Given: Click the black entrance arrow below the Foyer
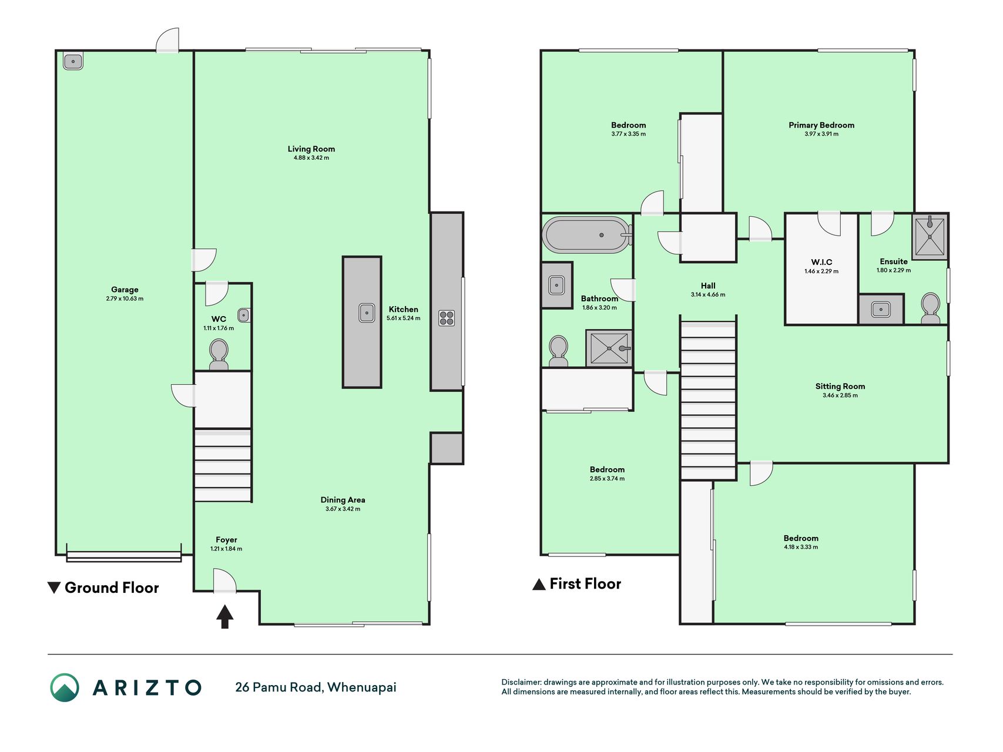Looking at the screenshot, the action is (x=224, y=617).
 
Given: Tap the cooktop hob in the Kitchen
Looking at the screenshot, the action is (x=447, y=318).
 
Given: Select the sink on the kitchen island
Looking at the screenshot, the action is (x=367, y=313).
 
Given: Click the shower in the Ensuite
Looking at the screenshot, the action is (x=930, y=236).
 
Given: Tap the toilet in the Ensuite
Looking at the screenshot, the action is (x=930, y=309).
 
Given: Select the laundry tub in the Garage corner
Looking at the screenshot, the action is (x=73, y=61).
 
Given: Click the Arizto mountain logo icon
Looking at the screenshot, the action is (x=65, y=687).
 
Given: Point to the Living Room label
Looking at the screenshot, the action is (x=311, y=149).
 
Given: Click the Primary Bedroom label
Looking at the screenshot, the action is (x=821, y=125).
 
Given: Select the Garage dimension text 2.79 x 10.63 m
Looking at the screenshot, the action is (x=125, y=298).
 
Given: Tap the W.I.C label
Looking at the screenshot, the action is (x=821, y=262).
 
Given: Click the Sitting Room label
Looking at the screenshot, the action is (x=840, y=386).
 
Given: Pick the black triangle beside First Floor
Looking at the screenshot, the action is (x=539, y=584).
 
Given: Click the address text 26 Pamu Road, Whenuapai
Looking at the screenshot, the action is (x=316, y=687).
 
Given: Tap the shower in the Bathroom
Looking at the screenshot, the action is (x=609, y=348).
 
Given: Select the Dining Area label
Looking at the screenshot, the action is (x=343, y=500).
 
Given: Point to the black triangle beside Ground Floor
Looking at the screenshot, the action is (x=53, y=587).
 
